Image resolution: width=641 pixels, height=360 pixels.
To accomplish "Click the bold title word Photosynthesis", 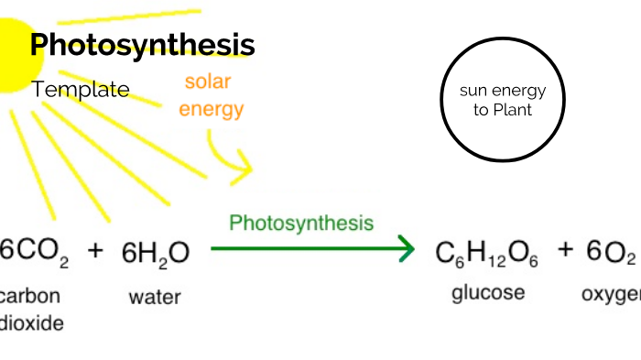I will point(142,45).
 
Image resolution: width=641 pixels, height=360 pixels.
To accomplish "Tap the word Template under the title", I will point(81,90).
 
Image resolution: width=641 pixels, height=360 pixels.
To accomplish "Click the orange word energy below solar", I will point(211,110).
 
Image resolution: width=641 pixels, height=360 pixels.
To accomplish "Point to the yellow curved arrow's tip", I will point(248,169).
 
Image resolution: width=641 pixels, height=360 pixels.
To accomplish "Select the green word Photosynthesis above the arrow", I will point(301,223).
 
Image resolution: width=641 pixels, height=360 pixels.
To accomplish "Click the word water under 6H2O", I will point(155,296).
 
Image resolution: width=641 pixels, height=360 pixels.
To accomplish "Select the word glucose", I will point(488,293).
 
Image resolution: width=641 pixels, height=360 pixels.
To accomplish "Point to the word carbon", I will point(31,296).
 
